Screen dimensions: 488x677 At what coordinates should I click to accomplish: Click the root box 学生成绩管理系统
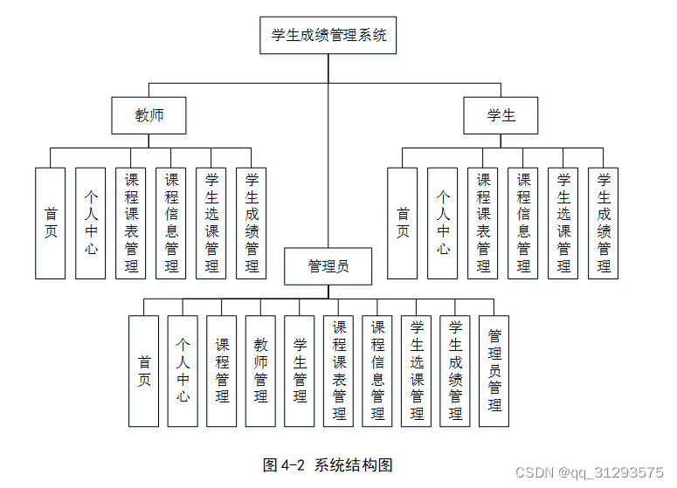(x=328, y=36)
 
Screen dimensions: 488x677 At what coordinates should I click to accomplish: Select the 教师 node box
(x=149, y=115)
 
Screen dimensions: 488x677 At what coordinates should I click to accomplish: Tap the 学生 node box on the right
(x=501, y=115)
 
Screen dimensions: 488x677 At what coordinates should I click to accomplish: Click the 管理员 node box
(x=328, y=266)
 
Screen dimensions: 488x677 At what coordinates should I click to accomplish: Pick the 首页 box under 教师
(x=51, y=223)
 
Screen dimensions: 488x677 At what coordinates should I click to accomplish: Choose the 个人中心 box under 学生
(x=443, y=223)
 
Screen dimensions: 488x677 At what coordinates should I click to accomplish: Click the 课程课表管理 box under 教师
(x=131, y=223)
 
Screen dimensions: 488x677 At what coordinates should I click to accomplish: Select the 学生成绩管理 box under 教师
(x=252, y=223)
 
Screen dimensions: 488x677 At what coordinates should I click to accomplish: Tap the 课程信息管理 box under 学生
(x=523, y=223)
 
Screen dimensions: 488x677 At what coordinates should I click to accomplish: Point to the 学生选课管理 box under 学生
(x=563, y=223)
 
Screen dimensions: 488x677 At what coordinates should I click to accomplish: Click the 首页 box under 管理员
(x=144, y=370)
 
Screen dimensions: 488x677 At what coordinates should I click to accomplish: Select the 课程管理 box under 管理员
(x=222, y=370)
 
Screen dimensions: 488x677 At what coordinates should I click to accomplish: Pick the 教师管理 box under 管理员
(x=260, y=370)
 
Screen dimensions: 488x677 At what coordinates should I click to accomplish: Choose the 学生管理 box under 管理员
(x=300, y=370)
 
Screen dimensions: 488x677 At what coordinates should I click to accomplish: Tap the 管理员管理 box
(x=494, y=370)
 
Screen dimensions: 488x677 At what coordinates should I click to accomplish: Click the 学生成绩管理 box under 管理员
(x=455, y=370)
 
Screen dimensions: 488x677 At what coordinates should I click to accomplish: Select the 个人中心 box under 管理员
(x=183, y=370)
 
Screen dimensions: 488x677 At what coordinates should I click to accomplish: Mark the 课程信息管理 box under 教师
(x=171, y=223)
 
